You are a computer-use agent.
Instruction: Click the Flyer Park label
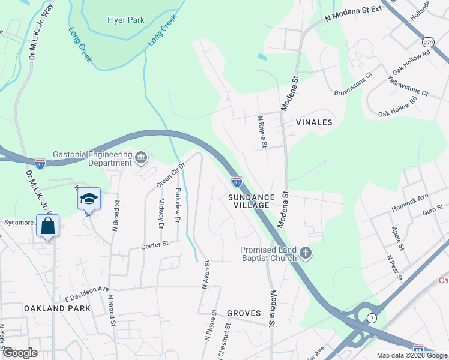click(126, 20)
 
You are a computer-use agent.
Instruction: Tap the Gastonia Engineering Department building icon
click(141, 158)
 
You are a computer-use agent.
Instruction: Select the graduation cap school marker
click(89, 199)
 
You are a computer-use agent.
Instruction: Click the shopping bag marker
click(48, 227)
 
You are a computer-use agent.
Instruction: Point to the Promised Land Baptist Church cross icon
click(306, 253)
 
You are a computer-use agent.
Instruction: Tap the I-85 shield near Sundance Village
click(237, 181)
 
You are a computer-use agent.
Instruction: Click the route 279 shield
click(427, 43)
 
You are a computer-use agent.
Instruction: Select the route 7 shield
click(372, 317)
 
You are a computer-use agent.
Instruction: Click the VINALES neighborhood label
click(314, 122)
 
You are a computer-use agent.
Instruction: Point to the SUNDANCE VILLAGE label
click(251, 200)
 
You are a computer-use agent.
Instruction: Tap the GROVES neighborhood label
click(244, 313)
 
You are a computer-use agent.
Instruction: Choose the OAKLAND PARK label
click(57, 308)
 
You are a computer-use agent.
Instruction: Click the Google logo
click(19, 353)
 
